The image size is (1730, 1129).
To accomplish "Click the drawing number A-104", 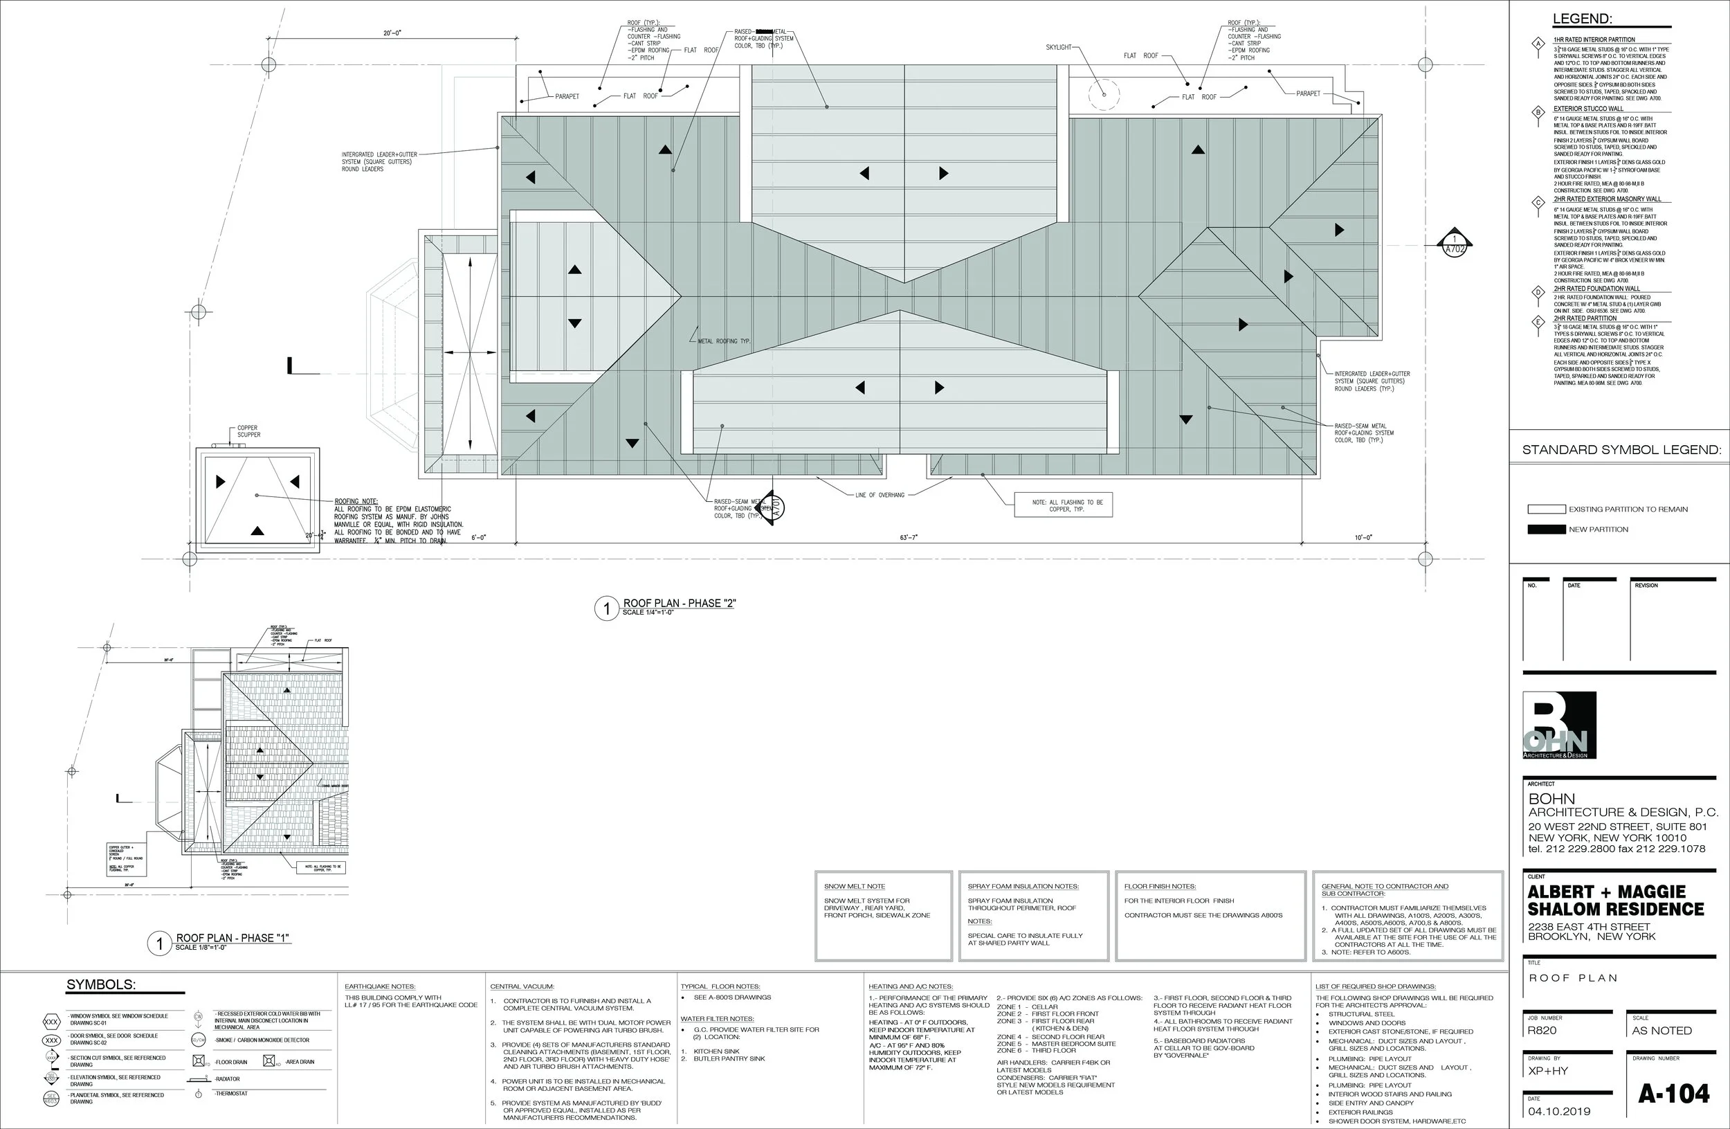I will tap(1673, 1094).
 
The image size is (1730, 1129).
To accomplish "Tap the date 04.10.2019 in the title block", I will tap(1558, 1111).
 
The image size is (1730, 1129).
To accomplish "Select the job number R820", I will tap(1542, 1030).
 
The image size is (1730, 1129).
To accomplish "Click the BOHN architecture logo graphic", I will tap(1559, 725).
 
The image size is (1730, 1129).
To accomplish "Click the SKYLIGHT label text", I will tap(1058, 47).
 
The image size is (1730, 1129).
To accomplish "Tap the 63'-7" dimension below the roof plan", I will tap(909, 537).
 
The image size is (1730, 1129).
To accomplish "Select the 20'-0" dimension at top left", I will tap(392, 33).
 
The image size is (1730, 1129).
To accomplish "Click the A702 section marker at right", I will tap(1454, 244).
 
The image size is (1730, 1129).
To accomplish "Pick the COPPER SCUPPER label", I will tap(248, 431).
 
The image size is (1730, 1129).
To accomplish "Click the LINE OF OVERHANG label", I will tap(880, 495).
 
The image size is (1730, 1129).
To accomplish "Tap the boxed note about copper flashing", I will tap(1064, 505).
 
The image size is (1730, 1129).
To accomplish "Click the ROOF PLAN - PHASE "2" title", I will tap(679, 604).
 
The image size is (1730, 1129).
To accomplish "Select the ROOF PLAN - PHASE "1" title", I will tap(233, 938).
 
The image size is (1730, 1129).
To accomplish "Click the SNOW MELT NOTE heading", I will tap(854, 886).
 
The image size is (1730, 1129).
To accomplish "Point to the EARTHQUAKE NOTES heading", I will tap(379, 986).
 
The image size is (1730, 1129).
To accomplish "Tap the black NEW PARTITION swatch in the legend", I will tap(1546, 530).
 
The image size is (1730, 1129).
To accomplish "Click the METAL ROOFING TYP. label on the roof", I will tap(723, 341).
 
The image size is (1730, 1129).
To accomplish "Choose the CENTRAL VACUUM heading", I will tap(522, 986).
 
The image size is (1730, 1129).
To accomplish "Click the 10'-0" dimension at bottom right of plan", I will tap(1363, 537).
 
